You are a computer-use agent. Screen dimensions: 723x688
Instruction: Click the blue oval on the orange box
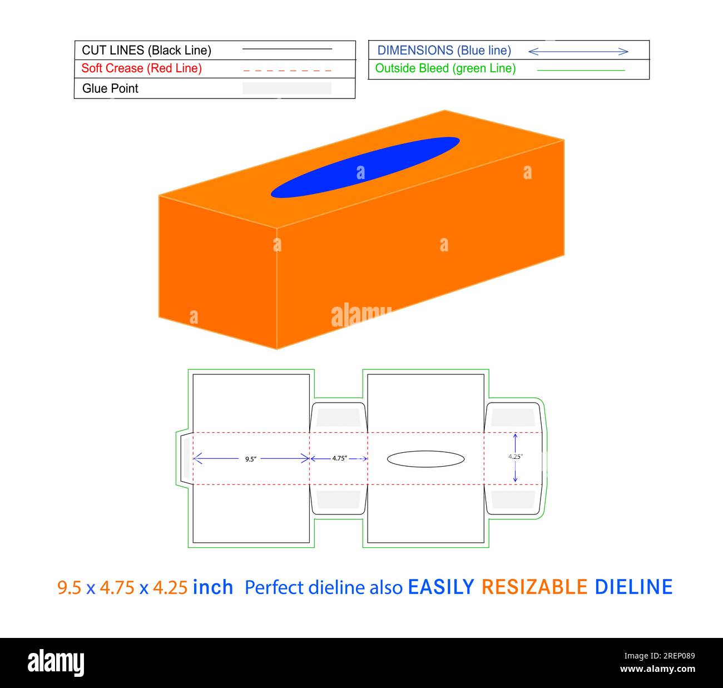[x=365, y=167]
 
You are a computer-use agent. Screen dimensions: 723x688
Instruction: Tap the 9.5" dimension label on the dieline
[x=251, y=459]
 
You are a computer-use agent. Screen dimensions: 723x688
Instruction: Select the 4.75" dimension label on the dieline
[x=339, y=458]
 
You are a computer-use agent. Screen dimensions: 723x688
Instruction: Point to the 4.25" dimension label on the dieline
[x=516, y=457]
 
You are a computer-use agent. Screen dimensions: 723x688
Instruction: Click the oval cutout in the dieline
[x=425, y=459]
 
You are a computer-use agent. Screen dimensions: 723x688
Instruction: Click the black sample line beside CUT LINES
[x=287, y=48]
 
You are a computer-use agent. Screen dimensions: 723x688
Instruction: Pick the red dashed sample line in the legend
[x=287, y=70]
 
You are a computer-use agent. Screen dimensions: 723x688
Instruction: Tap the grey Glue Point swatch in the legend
[x=287, y=88]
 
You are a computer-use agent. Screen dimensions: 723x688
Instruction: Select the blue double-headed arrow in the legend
[x=578, y=52]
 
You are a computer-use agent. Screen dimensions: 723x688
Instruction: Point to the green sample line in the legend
[x=581, y=70]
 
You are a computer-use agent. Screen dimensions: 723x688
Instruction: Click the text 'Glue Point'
[x=110, y=88]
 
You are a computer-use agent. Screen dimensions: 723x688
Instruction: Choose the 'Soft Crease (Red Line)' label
[x=142, y=68]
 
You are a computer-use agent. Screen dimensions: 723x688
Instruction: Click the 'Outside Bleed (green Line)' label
[x=445, y=68]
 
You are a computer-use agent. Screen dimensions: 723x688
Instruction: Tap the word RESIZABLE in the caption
[x=534, y=587]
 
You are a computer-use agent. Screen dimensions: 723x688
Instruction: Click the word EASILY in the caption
[x=441, y=587]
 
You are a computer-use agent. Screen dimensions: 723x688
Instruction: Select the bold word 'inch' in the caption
[x=213, y=587]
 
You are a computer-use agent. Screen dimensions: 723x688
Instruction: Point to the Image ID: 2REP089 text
[x=660, y=656]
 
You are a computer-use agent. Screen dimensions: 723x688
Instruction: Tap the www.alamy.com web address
[x=657, y=669]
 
